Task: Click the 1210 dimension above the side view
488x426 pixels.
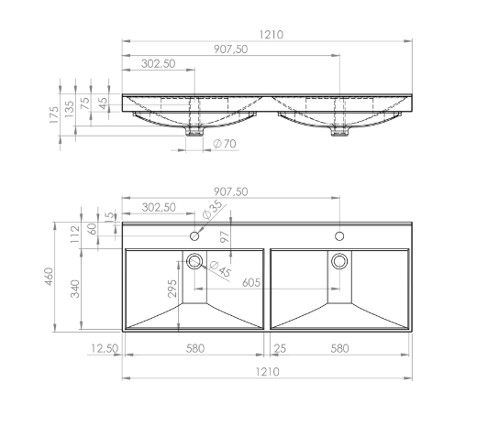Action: coord(272,35)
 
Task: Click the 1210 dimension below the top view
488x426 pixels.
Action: coord(267,372)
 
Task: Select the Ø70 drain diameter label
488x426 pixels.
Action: coord(225,144)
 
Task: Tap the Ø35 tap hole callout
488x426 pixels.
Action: coord(212,210)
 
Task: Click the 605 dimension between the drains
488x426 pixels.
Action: coord(251,283)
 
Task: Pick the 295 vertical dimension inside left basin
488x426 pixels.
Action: coord(172,289)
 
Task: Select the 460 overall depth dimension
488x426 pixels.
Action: coord(50,277)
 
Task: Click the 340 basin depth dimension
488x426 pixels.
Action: coord(75,289)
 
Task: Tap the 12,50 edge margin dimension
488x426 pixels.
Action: coord(105,348)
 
